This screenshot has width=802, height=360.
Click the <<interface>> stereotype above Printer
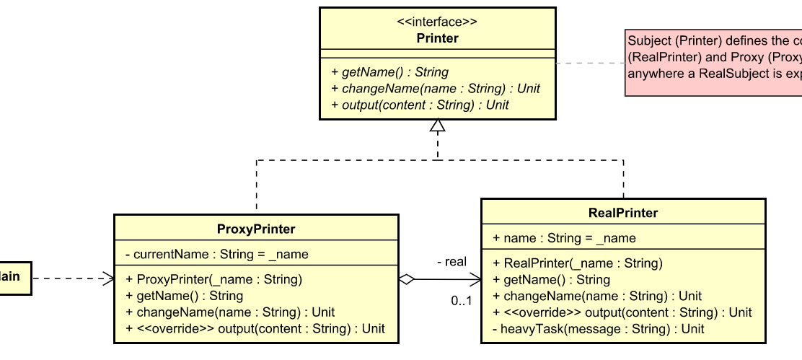click(437, 22)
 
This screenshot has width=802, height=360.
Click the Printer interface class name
click(437, 38)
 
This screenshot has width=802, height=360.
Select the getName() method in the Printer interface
click(389, 72)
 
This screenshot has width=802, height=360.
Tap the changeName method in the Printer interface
click(435, 88)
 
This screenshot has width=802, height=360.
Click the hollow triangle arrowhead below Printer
click(438, 126)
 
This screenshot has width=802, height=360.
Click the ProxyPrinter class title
click(256, 229)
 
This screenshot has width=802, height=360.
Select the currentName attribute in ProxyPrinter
click(216, 254)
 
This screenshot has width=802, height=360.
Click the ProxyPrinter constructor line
click(213, 279)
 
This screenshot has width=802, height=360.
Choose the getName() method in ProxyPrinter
click(184, 296)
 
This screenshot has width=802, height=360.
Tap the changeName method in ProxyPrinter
click(229, 312)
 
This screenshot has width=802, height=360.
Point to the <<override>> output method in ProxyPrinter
click(255, 329)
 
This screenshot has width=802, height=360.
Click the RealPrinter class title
click(623, 213)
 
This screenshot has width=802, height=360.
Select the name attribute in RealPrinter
click(564, 238)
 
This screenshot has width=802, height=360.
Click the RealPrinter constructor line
click(577, 263)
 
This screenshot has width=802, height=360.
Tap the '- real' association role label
click(451, 262)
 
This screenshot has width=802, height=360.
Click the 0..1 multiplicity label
click(462, 300)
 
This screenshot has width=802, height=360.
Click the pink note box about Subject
click(713, 56)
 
